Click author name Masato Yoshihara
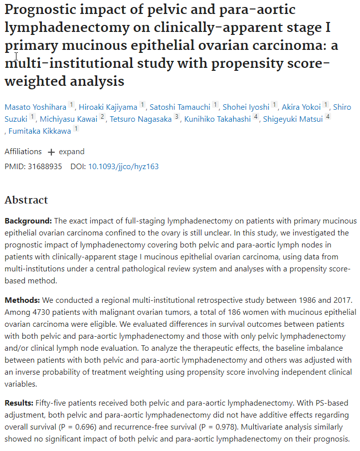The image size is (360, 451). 35,107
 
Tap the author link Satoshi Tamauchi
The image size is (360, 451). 180,107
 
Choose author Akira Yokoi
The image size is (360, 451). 301,107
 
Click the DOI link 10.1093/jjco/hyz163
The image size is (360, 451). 123,166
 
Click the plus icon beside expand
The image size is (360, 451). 51,152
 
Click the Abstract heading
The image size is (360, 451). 26,200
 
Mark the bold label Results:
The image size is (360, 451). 19,402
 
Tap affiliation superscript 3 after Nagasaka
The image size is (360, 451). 177,118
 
